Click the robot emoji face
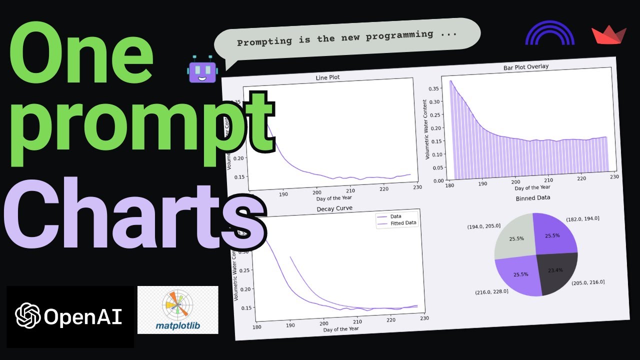click(x=201, y=70)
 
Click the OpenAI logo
click(x=69, y=316)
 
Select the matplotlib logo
click(x=177, y=310)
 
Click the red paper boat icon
click(x=608, y=36)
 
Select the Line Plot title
click(x=328, y=78)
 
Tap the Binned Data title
click(x=533, y=197)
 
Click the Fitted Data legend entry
click(x=403, y=223)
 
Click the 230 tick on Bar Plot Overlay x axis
click(x=614, y=176)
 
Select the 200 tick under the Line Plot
click(x=316, y=192)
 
